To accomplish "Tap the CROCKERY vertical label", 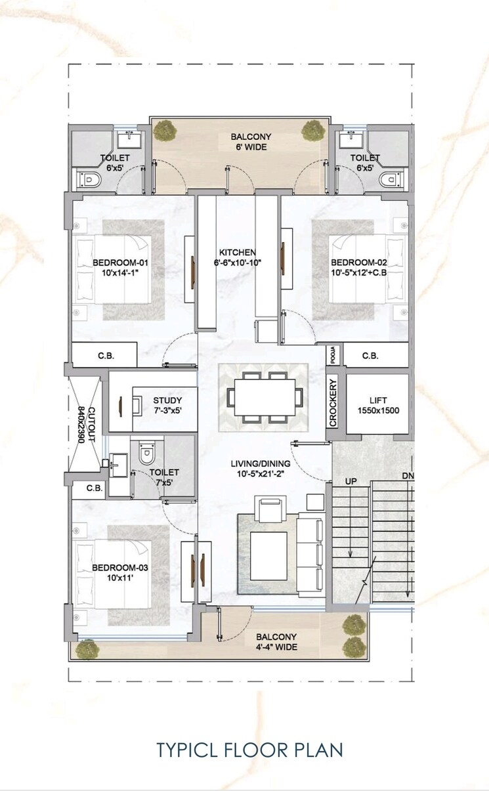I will [333, 402].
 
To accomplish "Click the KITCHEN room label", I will [238, 257].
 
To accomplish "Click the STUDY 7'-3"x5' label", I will [167, 405].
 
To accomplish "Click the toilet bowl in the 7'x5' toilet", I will [146, 452].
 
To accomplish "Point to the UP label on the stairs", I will [351, 482].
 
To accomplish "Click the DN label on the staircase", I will [408, 475].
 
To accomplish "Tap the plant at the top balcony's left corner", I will [161, 131].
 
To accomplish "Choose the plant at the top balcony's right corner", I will [311, 131].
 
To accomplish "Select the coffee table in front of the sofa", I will [268, 555].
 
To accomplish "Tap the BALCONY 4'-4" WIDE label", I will [276, 642].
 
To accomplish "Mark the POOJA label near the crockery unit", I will [333, 356].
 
